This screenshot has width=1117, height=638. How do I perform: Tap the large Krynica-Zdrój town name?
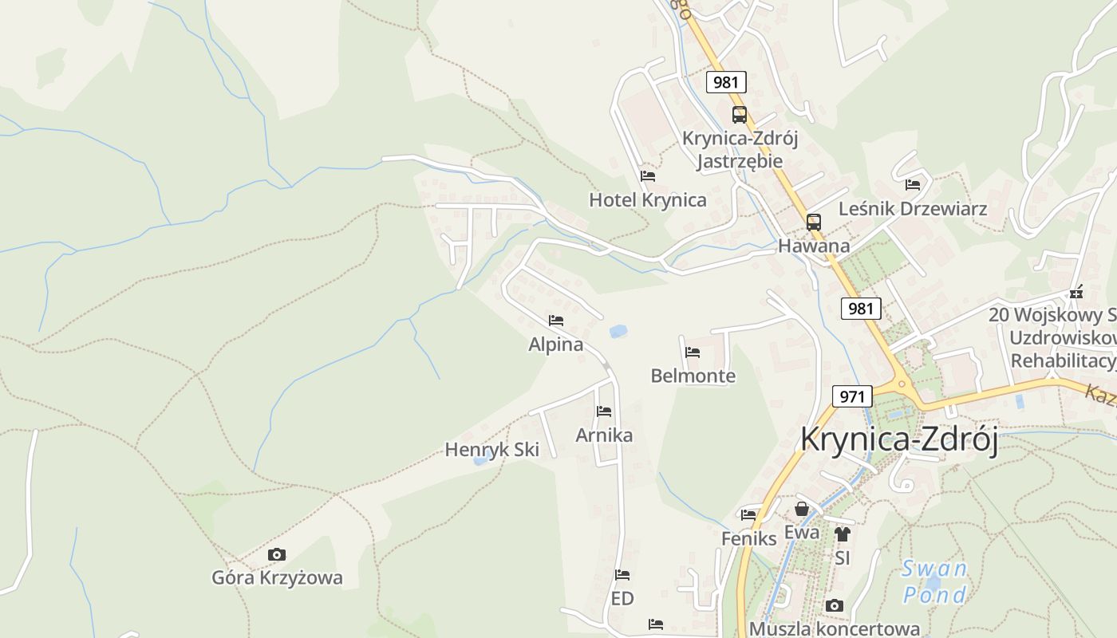coord(899,439)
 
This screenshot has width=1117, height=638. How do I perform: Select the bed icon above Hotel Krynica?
coord(648,175)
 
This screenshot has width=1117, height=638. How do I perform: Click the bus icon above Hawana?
coord(813,223)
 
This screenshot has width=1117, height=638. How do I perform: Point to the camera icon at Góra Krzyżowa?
coord(277,554)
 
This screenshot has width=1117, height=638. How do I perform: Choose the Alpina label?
coord(555,345)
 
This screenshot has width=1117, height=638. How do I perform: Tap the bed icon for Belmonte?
coord(693,352)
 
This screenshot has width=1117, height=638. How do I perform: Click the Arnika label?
coord(604,435)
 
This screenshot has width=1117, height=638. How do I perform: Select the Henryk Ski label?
coord(491,450)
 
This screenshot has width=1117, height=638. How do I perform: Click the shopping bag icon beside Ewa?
coord(802,509)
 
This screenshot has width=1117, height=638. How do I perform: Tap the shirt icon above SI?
coord(843,534)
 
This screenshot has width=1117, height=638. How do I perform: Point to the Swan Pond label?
coord(934,581)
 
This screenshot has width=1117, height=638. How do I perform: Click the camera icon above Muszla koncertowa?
coord(835,606)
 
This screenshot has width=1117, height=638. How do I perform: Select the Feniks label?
coord(748,538)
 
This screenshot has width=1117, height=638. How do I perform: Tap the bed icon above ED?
coord(622,574)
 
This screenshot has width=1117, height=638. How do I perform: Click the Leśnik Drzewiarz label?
coord(913,209)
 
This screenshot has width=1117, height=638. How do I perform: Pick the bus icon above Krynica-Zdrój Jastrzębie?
coord(740,115)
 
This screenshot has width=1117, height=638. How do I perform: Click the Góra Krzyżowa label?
coord(277,577)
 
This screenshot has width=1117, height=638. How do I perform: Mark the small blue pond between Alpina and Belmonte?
coord(618,331)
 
